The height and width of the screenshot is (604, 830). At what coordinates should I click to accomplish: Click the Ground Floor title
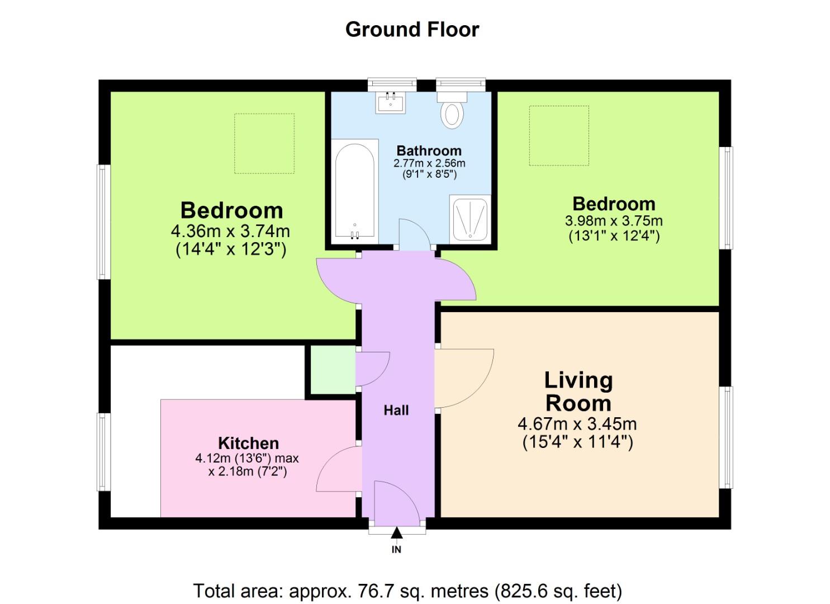tap(412, 30)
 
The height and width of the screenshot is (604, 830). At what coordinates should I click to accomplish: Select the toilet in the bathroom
tap(452, 110)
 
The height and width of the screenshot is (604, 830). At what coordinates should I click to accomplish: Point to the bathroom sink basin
tap(391, 103)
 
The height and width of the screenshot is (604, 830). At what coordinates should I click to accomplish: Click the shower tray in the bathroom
tap(470, 218)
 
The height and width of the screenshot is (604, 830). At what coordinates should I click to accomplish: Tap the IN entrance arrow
tap(396, 534)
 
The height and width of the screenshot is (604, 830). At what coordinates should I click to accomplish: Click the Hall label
tap(396, 410)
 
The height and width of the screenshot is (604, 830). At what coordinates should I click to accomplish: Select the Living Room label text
tap(578, 391)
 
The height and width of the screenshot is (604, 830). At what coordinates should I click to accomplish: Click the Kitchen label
tap(248, 443)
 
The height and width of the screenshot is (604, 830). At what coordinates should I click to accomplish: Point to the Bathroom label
tap(429, 150)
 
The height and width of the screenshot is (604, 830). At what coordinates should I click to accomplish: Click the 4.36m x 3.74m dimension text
tap(230, 230)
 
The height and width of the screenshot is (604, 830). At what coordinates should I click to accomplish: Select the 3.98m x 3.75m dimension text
tap(614, 220)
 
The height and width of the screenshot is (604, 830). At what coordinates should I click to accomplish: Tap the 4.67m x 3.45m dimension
tap(577, 424)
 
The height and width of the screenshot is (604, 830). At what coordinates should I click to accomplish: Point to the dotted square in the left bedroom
tap(264, 144)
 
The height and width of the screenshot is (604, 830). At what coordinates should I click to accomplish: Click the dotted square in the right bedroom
tap(559, 135)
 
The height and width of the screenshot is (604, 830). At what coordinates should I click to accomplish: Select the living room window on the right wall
tap(726, 437)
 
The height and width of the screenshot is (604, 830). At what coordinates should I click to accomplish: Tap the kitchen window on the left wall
tap(103, 452)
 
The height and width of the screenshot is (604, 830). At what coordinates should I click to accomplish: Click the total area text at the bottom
tap(407, 591)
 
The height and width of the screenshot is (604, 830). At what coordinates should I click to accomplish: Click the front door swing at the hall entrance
tap(396, 501)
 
